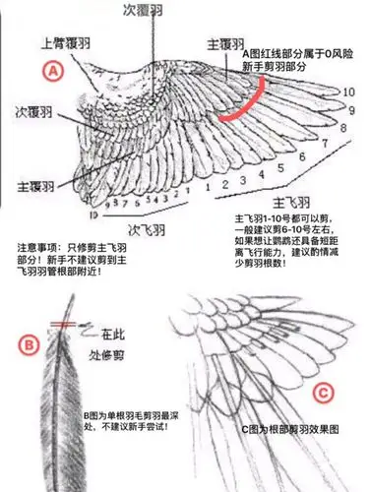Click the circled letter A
pyautogui.click(x=54, y=70)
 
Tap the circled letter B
pyautogui.click(x=30, y=345)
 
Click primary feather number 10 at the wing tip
pyautogui.click(x=349, y=92)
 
